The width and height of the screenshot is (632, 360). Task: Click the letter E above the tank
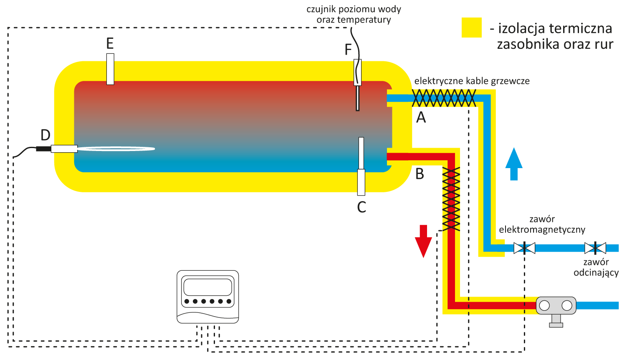point(110,43)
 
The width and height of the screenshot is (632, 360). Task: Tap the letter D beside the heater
point(45,135)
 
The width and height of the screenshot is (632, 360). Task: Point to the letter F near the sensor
point(348,50)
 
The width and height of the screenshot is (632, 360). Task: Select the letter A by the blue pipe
point(421,118)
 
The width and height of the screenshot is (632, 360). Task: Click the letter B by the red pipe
point(420,174)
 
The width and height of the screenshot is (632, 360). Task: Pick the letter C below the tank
point(362,207)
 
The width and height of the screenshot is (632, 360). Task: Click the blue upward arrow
point(514,164)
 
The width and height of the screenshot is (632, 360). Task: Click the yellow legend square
point(472,28)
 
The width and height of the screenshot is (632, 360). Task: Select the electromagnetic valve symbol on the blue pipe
point(524,248)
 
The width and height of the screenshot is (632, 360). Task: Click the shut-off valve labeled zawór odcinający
point(595,248)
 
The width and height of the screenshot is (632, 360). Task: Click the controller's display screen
point(207,287)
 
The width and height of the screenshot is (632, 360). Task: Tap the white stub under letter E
point(110,69)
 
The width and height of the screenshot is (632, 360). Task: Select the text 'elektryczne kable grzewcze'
point(472,81)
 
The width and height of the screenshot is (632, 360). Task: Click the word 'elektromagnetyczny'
point(542,229)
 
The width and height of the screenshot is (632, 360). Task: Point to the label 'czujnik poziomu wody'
point(354,9)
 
